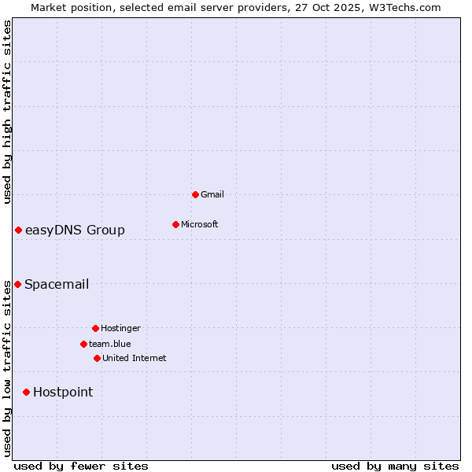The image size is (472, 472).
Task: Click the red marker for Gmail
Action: pos(195,194)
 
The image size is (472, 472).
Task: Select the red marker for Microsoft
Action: pos(175,224)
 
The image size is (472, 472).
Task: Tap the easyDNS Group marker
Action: pos(18,230)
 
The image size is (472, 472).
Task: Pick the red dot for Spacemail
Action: pos(17,284)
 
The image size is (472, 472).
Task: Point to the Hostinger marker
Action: pos(95,328)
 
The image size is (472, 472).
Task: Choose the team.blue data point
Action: pos(83,344)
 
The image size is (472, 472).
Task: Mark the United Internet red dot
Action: pos(97,358)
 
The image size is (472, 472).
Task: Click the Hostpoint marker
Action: pos(26,392)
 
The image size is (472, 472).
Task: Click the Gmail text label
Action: pos(212,194)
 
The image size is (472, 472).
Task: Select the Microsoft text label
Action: pos(200,224)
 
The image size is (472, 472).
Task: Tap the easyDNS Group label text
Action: pos(75,230)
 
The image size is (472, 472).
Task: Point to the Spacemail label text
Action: pos(57,284)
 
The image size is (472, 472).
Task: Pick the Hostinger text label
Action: pos(120,328)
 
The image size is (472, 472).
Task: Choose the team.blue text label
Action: pos(110,344)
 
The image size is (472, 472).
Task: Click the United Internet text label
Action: pos(135,358)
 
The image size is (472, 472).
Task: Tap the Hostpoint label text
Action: pos(63,392)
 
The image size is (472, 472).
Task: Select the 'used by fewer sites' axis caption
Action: pos(81,466)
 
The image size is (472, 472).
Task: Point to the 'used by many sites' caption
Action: pos(395,466)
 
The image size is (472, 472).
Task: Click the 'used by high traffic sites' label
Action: pos(7,112)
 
